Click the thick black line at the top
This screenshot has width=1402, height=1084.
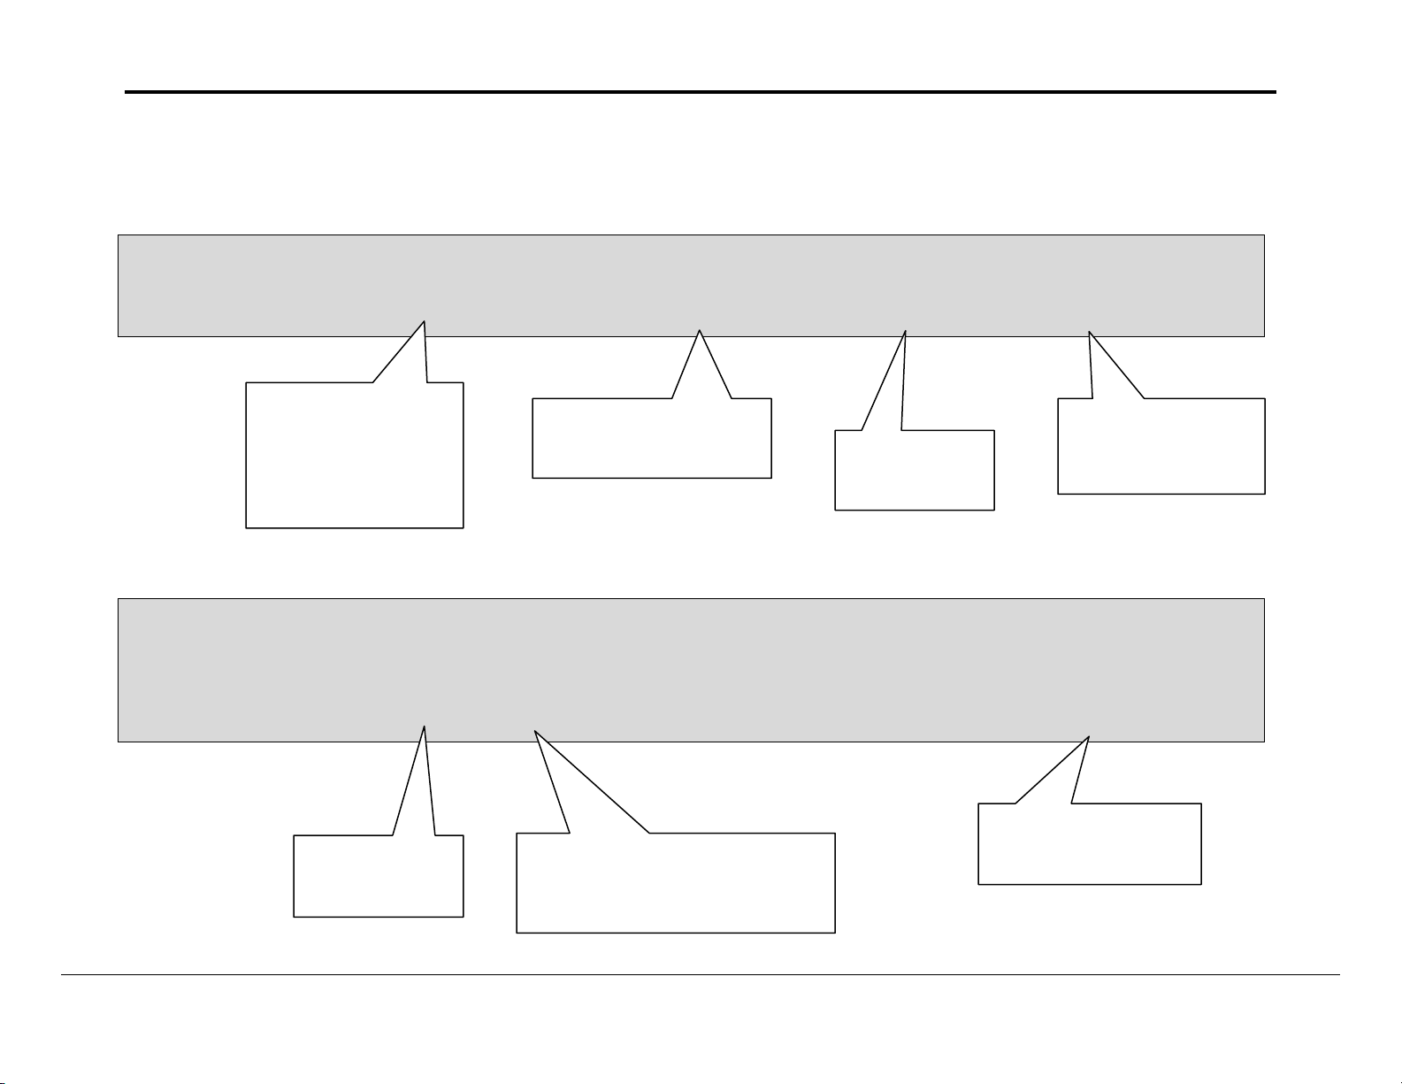point(699,92)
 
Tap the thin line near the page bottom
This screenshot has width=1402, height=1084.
point(699,975)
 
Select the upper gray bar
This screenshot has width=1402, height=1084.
point(690,285)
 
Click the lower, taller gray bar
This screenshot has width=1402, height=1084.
point(690,670)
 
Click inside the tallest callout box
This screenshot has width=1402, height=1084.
point(354,456)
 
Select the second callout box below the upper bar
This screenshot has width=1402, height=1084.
point(652,439)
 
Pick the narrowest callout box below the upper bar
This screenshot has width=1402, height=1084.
point(915,470)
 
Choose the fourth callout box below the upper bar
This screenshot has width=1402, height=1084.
point(1161,446)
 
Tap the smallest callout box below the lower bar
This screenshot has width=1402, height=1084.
point(379,875)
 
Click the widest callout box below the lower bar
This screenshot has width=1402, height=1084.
point(676,882)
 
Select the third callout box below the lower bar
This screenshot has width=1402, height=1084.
point(1089,843)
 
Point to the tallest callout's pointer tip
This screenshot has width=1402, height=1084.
point(425,320)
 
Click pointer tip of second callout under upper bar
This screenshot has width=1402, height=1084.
point(700,330)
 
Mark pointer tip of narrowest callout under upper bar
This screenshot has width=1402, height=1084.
point(907,330)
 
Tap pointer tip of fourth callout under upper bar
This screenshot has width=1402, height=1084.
point(1089,332)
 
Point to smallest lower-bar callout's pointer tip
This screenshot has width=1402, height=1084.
point(425,727)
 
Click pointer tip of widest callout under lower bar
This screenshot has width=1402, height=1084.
point(535,732)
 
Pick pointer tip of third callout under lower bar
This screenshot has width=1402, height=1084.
point(1088,736)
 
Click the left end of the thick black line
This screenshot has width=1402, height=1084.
point(126,92)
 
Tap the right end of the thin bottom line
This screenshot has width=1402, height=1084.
point(1338,975)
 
